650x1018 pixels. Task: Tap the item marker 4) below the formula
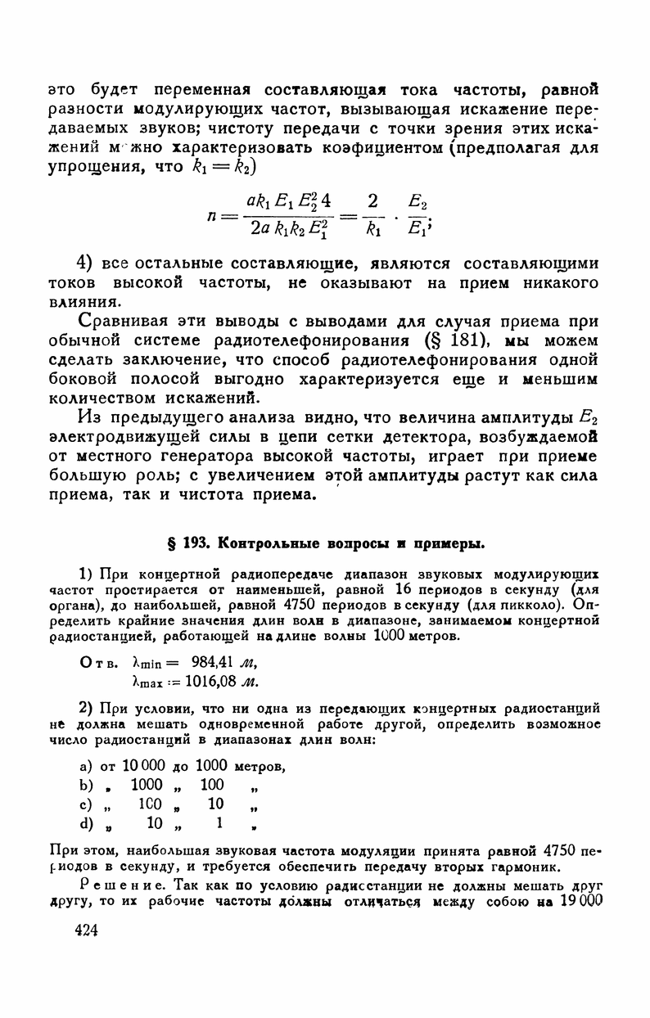(87, 264)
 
